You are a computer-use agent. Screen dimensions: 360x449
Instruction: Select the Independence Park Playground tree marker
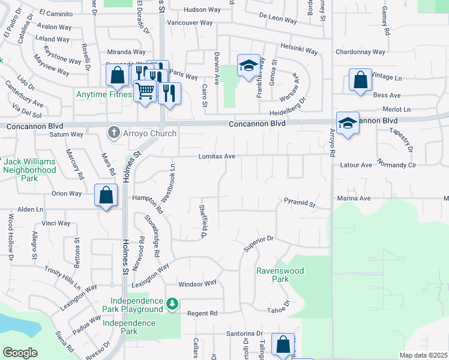pyautogui.click(x=172, y=304)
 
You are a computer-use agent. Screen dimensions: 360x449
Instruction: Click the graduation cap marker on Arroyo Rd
pyautogui.click(x=348, y=124)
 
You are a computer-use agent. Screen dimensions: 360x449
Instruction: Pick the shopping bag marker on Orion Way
pyautogui.click(x=106, y=196)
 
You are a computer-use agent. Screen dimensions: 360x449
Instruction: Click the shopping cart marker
pyautogui.click(x=145, y=91)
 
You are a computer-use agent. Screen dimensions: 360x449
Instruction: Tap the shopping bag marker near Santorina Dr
pyautogui.click(x=283, y=344)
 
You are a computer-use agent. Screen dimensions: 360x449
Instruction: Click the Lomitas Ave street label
pyautogui.click(x=217, y=157)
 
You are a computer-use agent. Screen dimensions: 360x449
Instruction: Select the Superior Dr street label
pyautogui.click(x=258, y=243)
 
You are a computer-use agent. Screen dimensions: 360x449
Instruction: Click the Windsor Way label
pyautogui.click(x=197, y=283)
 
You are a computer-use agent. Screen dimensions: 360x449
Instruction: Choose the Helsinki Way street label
pyautogui.click(x=298, y=49)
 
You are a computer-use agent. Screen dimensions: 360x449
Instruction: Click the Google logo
pyautogui.click(x=20, y=353)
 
